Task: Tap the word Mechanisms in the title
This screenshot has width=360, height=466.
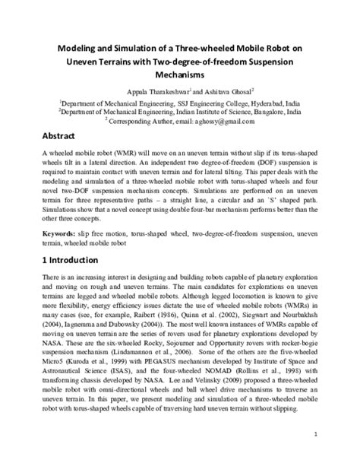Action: [179, 76]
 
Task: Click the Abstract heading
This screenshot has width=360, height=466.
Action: [59, 138]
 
